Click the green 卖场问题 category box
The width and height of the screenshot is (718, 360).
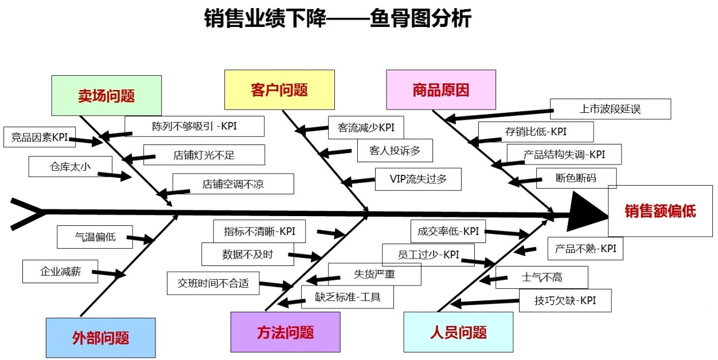tap(107, 95)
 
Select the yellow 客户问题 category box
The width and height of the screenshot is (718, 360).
tap(279, 89)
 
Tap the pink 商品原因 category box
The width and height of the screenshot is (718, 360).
tap(441, 89)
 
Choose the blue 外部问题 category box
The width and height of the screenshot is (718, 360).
tap(101, 338)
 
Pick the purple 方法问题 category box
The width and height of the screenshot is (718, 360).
tap(285, 332)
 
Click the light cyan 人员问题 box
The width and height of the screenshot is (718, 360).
tap(458, 332)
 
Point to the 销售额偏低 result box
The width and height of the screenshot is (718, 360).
tap(660, 211)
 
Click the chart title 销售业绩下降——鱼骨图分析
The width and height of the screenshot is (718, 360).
tap(338, 18)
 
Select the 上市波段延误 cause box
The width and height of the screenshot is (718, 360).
tap(610, 109)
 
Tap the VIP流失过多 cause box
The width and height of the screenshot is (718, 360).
tap(418, 179)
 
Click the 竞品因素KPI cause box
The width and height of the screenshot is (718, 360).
tap(40, 137)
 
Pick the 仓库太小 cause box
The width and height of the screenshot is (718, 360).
tap(70, 167)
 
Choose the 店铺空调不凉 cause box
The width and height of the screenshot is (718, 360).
tap(233, 184)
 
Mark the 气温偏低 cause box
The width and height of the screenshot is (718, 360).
tap(95, 237)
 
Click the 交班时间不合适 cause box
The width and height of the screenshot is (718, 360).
tap(213, 283)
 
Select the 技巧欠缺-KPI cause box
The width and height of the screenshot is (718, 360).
tap(565, 300)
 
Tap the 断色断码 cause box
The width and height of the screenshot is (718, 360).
tap(576, 178)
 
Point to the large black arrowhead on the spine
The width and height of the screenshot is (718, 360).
tap(587, 212)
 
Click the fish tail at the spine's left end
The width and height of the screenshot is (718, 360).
tap(28, 214)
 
